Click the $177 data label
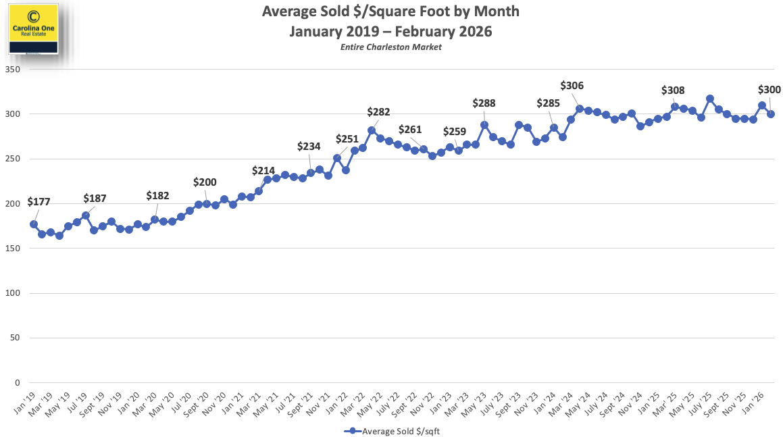coord(39,202)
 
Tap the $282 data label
coord(378,111)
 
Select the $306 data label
coord(572,86)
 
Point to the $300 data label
coord(769,90)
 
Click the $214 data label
coord(263,171)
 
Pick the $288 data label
coord(484,103)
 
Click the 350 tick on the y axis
coord(14,70)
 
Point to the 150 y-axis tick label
coord(14,249)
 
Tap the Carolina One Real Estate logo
coord(33,28)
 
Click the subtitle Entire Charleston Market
coord(390,47)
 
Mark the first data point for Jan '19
coord(34,224)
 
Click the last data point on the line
coord(771,114)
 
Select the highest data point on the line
coord(710,99)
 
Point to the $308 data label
coord(673,91)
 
